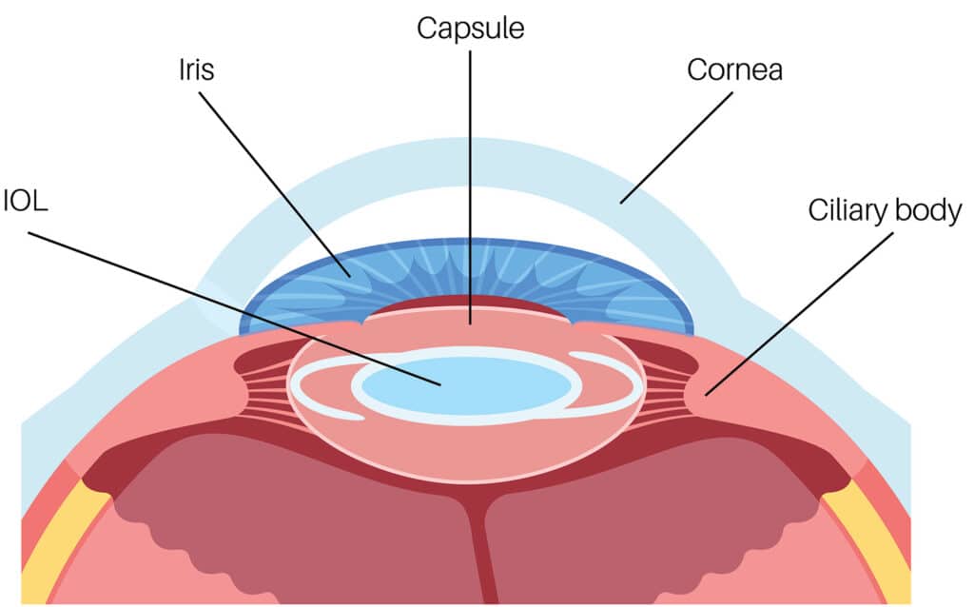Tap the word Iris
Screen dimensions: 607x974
tap(194, 71)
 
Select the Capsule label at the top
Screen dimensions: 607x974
tap(470, 29)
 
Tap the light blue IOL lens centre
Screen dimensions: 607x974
tap(466, 385)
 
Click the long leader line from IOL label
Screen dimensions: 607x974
tap(238, 304)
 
